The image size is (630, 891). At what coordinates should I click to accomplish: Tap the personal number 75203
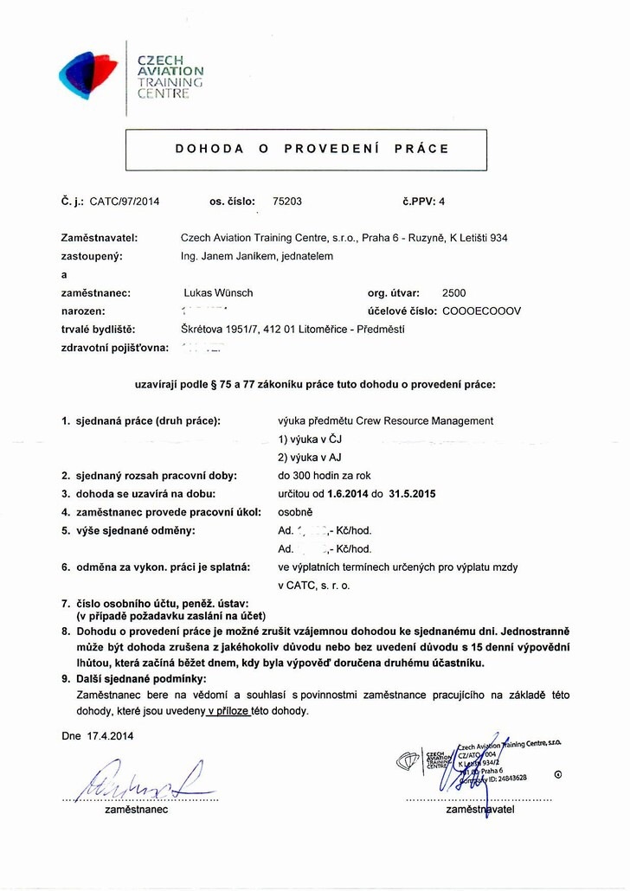click(287, 202)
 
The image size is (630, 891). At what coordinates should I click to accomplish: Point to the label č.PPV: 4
click(423, 202)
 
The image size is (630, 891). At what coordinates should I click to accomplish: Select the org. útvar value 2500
click(453, 293)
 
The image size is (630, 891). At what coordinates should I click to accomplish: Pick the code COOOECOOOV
click(481, 311)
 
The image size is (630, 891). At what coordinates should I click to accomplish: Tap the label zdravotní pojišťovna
click(114, 347)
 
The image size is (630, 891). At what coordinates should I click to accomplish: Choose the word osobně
click(295, 511)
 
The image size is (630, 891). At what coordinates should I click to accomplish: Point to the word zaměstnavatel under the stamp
click(481, 811)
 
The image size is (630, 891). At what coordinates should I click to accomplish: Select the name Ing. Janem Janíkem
click(231, 256)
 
